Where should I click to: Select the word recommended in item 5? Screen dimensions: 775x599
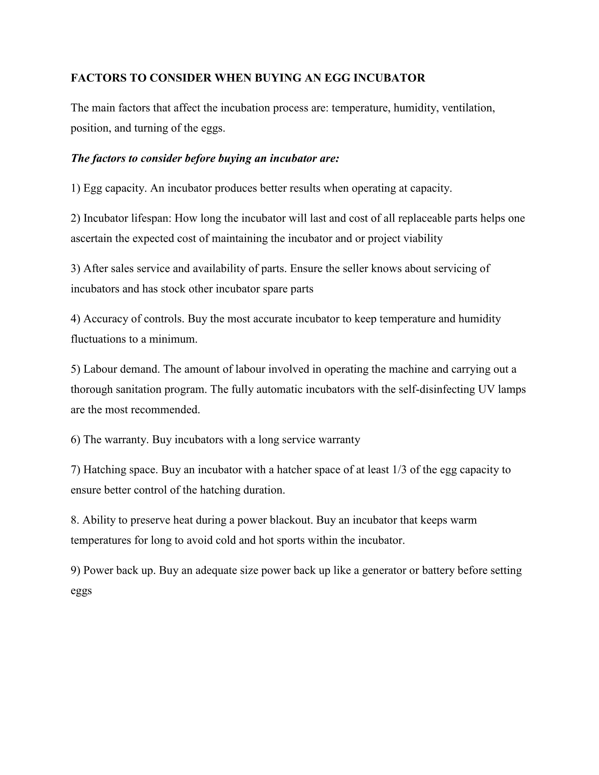point(166,410)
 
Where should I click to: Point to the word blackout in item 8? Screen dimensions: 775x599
point(291,520)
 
